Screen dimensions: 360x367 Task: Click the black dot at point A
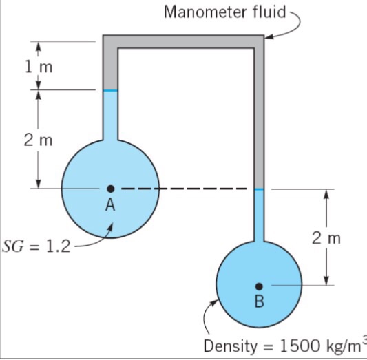[x=110, y=188]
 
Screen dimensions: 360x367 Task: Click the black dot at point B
[x=259, y=285]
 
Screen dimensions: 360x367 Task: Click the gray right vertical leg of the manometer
[x=259, y=117]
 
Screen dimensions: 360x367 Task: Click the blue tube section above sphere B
[x=259, y=213]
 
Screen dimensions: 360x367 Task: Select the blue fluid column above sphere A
[x=110, y=114]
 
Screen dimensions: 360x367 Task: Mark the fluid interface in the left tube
[x=110, y=90]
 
